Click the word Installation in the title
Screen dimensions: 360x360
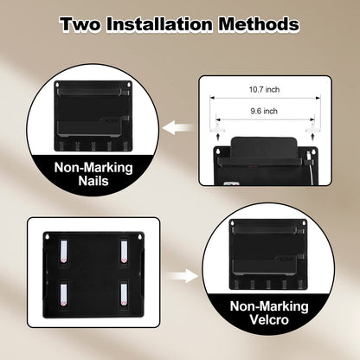pos(160,24)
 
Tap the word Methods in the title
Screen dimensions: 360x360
pos(259,24)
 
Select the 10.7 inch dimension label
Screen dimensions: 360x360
pos(264,89)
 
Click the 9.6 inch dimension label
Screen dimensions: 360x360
pos(264,111)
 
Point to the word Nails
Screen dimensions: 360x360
pos(93,181)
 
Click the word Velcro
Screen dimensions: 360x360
pos(269,319)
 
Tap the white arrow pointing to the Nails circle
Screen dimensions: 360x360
pos(177,128)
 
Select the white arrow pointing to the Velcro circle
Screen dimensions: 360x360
pos(183,276)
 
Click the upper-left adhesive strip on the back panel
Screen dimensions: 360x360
pos(64,251)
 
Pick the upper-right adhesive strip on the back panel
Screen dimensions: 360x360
pos(124,251)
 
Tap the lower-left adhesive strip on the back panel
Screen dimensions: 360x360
pos(64,295)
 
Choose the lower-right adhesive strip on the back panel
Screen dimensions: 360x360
pos(124,295)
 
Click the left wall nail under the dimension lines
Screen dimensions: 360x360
pos(217,127)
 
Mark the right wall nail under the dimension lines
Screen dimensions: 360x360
pos(312,127)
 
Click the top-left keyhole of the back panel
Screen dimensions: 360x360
pos(48,237)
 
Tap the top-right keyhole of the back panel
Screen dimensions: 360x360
pos(140,237)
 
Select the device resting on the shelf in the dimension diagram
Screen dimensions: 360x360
pos(264,147)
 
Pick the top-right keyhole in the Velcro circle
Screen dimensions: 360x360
pos(304,223)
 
